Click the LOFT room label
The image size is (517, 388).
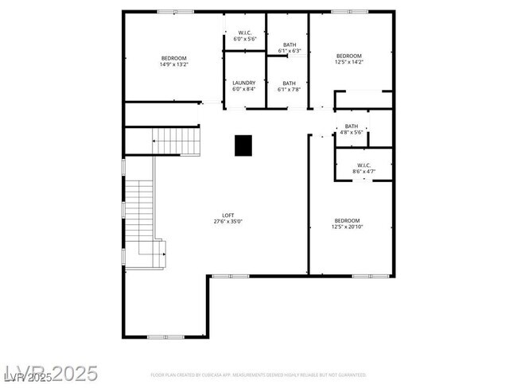(228, 215)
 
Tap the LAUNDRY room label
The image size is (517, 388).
(244, 83)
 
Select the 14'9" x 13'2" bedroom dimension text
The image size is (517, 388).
(174, 64)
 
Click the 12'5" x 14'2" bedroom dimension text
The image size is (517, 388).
(348, 62)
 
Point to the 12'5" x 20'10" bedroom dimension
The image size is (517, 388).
(348, 227)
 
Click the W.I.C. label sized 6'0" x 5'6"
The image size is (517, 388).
(244, 38)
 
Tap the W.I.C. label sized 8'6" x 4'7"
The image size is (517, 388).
(363, 171)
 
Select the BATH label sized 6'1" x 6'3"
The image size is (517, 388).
(289, 51)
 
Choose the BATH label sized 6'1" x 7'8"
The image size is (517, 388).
(289, 89)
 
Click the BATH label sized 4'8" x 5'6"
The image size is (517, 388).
(351, 132)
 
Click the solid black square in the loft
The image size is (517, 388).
(243, 145)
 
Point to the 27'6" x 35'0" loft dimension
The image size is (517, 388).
(228, 221)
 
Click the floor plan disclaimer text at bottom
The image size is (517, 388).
(258, 374)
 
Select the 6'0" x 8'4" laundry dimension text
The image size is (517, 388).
(244, 89)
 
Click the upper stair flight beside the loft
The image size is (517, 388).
(177, 142)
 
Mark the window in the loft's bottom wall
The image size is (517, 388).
(166, 337)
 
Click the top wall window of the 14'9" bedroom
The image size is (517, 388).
(175, 11)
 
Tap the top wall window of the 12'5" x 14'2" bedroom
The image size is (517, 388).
(349, 11)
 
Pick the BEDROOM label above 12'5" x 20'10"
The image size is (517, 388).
(348, 220)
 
